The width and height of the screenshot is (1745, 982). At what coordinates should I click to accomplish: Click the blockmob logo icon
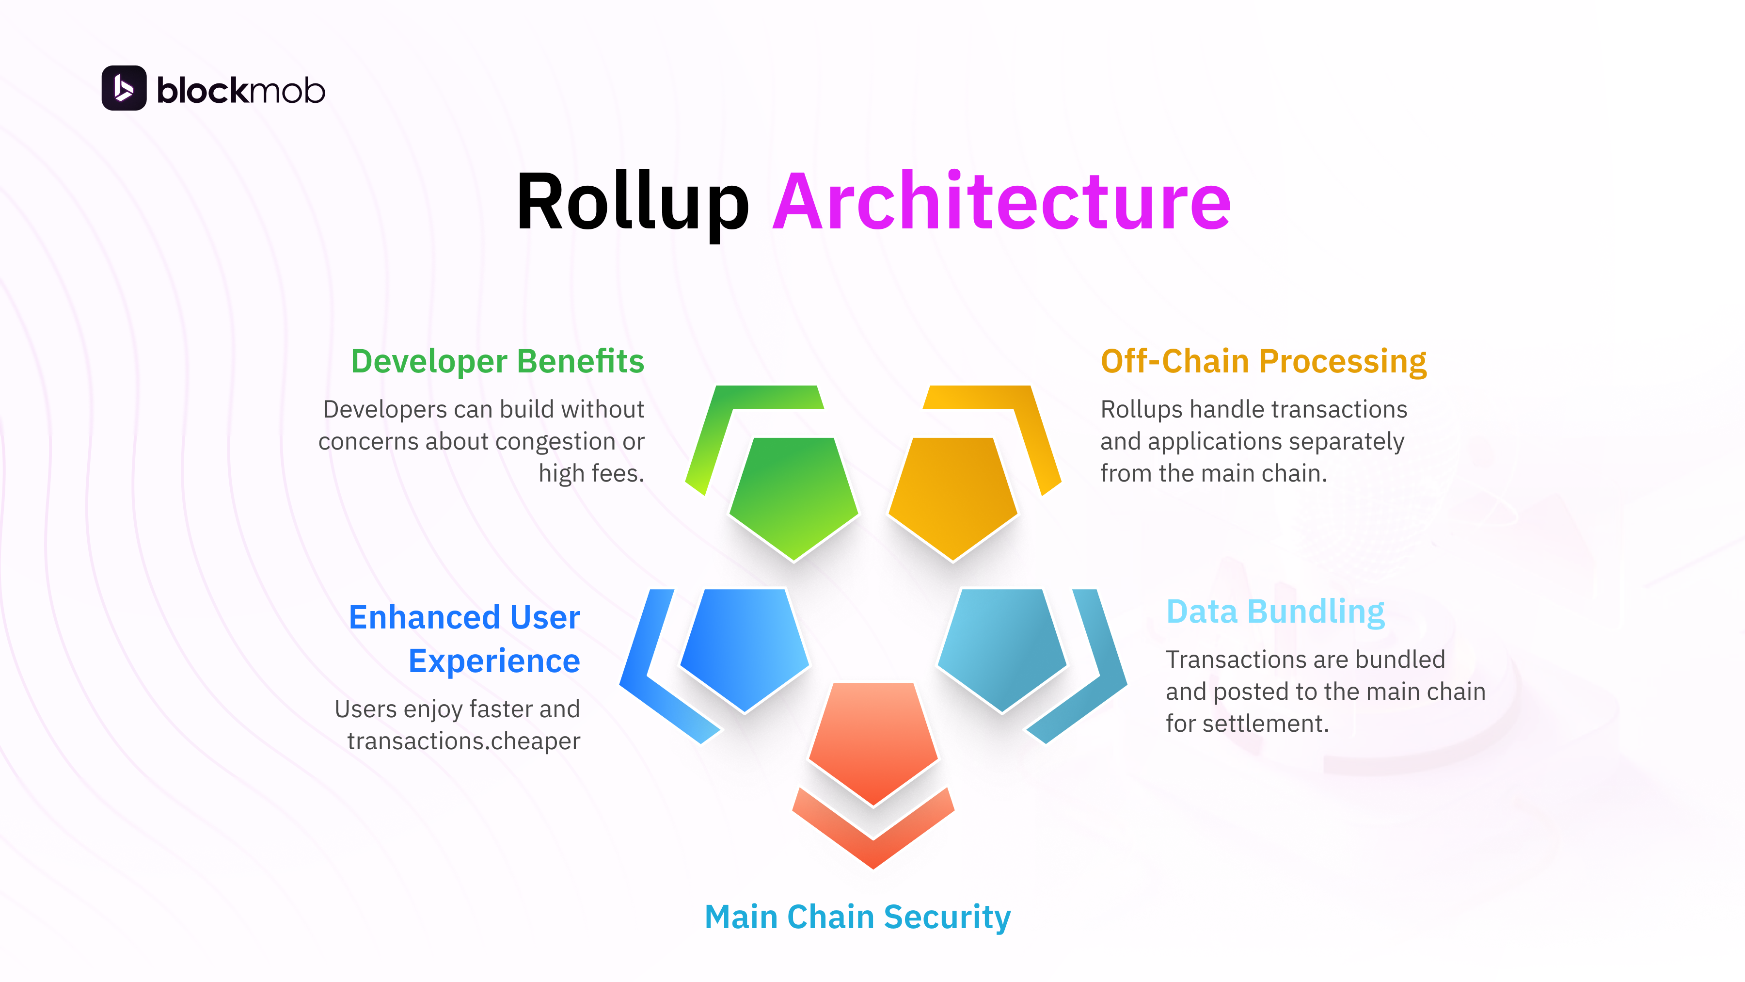pos(124,88)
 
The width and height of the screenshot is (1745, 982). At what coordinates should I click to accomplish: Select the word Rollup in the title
pos(632,202)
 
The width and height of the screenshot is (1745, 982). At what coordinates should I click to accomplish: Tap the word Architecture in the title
pos(1001,202)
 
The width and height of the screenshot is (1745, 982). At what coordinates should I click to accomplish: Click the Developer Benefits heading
pos(497,361)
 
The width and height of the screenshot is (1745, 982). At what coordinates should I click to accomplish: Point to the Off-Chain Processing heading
pos(1263,361)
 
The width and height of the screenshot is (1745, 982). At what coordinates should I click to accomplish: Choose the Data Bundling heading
pos(1275,612)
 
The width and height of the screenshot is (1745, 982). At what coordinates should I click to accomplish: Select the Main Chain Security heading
pos(857,917)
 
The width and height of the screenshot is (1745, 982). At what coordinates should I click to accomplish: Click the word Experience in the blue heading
pos(494,661)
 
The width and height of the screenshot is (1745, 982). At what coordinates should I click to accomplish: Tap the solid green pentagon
pos(793,495)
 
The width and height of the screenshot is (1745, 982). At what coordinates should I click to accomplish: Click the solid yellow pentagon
pos(952,495)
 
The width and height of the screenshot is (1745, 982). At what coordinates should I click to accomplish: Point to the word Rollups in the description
pos(1142,409)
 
